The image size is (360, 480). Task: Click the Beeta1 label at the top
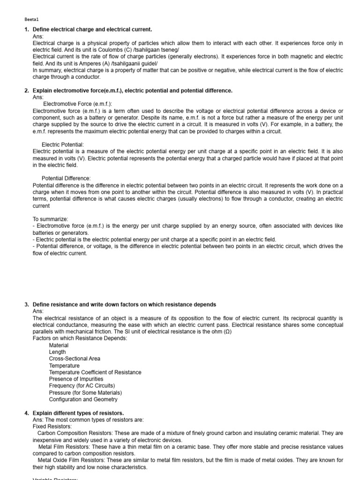click(x=32, y=20)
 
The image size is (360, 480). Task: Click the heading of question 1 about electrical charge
click(x=92, y=30)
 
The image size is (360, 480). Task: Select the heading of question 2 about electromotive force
click(x=132, y=90)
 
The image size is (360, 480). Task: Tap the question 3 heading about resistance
click(x=124, y=305)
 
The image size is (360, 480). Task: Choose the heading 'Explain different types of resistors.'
click(x=78, y=413)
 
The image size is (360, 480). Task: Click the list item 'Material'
click(x=59, y=345)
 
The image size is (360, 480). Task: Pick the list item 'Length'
click(x=57, y=352)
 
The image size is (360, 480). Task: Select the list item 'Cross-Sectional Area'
click(x=75, y=359)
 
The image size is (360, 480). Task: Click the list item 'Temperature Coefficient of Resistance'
click(x=95, y=372)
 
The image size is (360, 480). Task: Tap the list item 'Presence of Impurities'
click(x=76, y=379)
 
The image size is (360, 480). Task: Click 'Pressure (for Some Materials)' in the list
click(x=85, y=392)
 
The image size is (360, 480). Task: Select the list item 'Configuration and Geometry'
click(x=83, y=399)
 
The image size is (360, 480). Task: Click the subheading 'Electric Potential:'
click(x=63, y=145)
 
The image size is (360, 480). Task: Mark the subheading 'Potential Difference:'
click(x=66, y=179)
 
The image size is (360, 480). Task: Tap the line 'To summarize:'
click(x=50, y=219)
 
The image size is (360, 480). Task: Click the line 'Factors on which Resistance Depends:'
click(x=80, y=338)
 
